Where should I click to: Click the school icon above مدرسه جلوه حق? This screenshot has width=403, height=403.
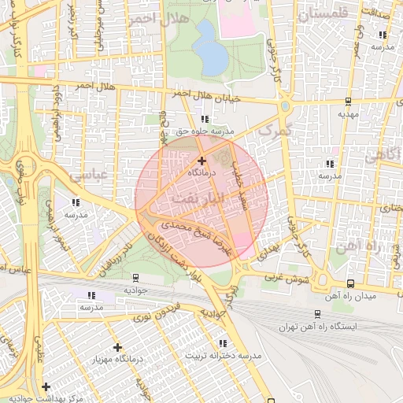pos(205,119)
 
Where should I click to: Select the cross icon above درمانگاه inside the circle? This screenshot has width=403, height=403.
pos(201,161)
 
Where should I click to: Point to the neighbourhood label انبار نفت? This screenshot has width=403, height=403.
pos(200,197)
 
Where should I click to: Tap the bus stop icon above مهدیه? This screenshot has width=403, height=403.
pos(347,102)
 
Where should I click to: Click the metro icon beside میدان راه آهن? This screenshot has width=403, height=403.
pos(349,283)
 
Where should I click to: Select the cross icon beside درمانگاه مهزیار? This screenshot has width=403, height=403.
pos(117,347)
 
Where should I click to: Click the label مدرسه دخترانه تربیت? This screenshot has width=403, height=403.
pos(222,355)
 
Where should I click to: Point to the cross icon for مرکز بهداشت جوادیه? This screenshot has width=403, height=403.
pos(46,386)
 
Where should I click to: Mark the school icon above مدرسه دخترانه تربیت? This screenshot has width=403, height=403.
pos(223,343)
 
